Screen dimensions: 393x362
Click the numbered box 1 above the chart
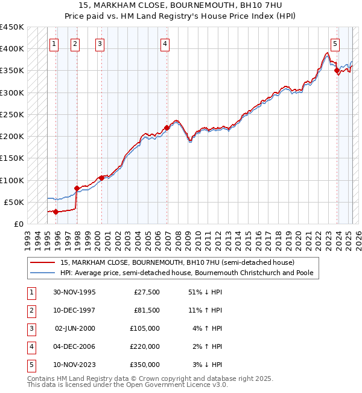pos(54,43)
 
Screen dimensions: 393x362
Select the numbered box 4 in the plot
pos(165,43)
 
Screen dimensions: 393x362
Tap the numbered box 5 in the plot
pos(335,43)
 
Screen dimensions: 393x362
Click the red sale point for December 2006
pos(167,128)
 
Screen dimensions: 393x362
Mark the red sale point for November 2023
pos(337,71)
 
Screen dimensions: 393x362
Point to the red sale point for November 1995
pos(56,212)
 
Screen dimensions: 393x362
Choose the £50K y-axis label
pos(14,202)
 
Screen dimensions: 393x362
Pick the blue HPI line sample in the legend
pos(42,273)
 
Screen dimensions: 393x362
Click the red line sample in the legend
pos(42,263)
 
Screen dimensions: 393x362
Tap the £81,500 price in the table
pos(146,310)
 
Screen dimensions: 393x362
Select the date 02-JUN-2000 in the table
pos(75,328)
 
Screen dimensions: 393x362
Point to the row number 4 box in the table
pos(31,346)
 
